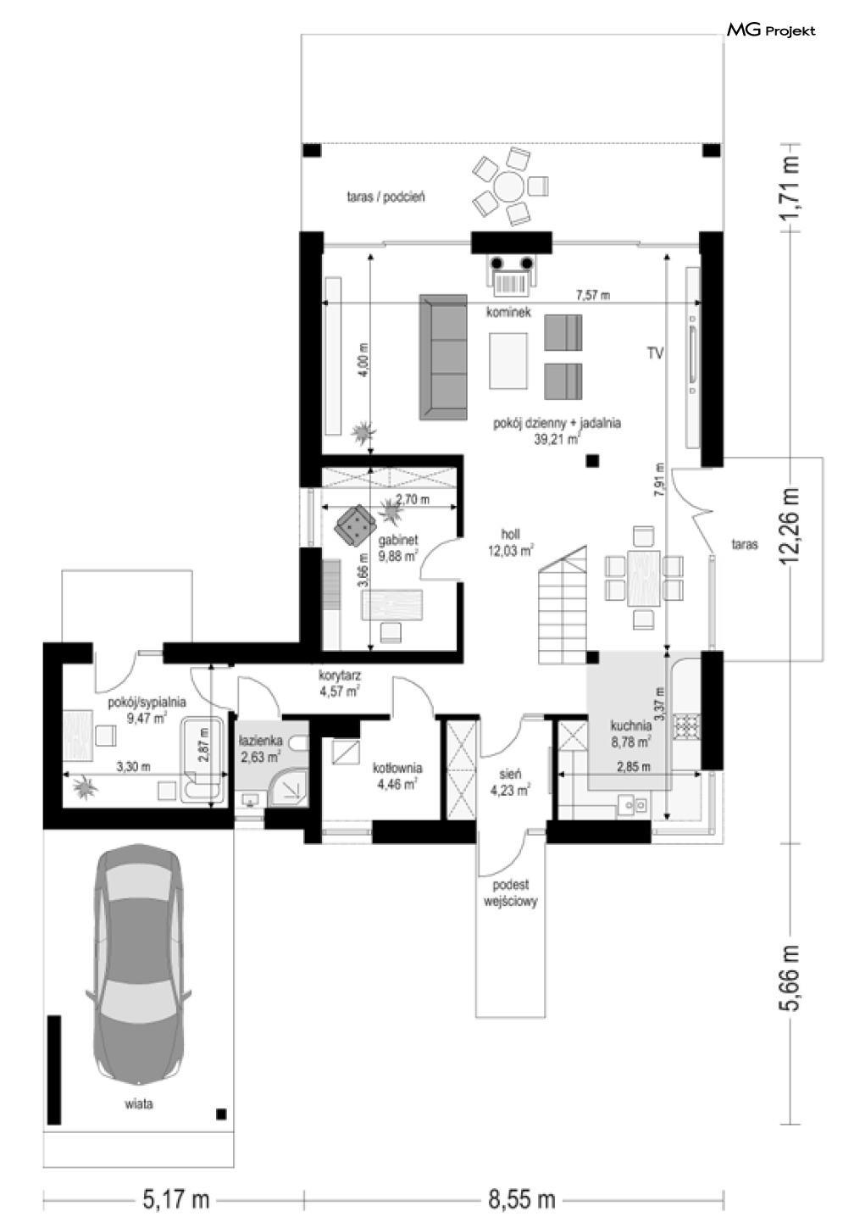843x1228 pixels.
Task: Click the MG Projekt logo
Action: click(771, 31)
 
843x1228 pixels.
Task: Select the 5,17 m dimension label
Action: click(176, 1200)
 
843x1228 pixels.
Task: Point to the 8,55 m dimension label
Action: click(521, 1200)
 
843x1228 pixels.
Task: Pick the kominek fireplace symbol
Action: click(512, 273)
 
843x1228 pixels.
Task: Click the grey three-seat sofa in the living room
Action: click(443, 358)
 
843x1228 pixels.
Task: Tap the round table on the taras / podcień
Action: click(508, 186)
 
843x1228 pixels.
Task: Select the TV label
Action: click(656, 353)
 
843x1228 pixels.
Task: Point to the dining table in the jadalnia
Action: click(644, 578)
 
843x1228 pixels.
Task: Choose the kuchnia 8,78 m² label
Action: click(631, 734)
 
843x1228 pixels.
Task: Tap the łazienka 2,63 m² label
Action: click(260, 749)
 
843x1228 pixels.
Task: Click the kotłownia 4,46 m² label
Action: click(397, 776)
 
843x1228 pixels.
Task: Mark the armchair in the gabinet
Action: click(354, 525)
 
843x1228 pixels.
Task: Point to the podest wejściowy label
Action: click(510, 893)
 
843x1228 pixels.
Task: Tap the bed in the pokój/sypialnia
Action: click(77, 735)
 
